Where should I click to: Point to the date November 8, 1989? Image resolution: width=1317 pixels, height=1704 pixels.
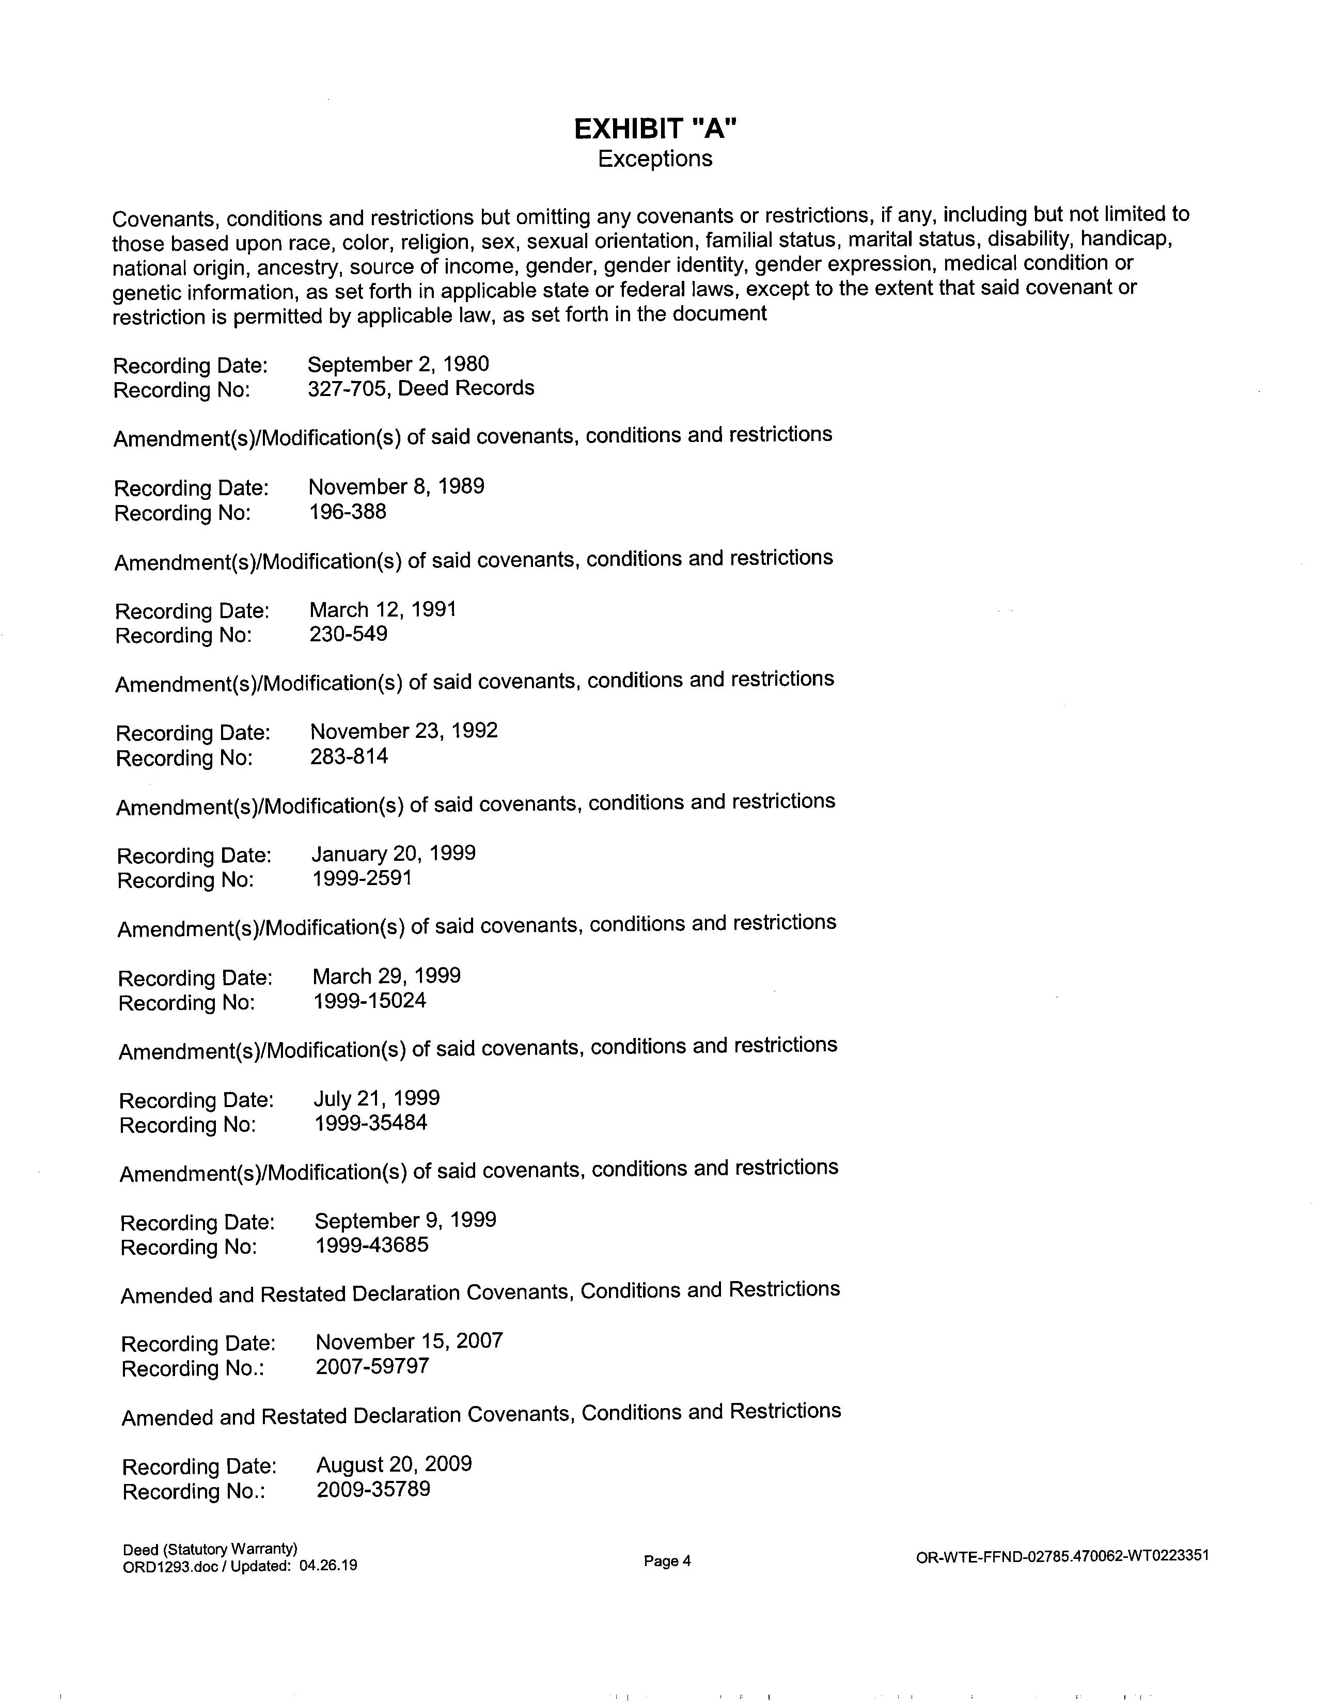click(396, 487)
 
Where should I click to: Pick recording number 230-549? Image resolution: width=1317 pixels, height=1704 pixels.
click(348, 634)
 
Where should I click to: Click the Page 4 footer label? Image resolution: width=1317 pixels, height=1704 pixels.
click(667, 1561)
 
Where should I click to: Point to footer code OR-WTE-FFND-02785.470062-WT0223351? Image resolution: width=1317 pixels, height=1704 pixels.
click(1063, 1556)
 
